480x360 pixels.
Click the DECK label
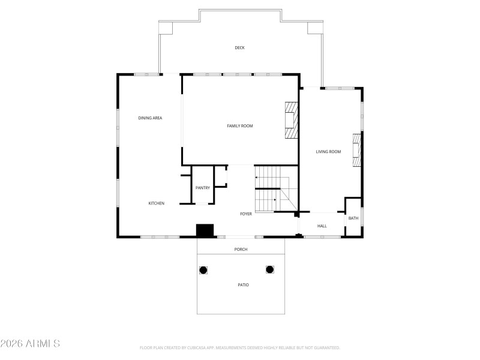pyautogui.click(x=239, y=47)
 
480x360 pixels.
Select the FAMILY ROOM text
pyautogui.click(x=239, y=125)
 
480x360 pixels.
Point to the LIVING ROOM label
pyautogui.click(x=328, y=152)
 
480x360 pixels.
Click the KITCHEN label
pyautogui.click(x=156, y=203)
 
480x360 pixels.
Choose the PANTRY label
pyautogui.click(x=203, y=188)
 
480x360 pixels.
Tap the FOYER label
pyautogui.click(x=246, y=214)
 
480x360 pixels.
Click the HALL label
pyautogui.click(x=322, y=226)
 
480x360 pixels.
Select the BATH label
pyautogui.click(x=353, y=218)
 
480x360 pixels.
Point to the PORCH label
pyautogui.click(x=241, y=249)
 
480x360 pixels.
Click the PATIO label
pyautogui.click(x=243, y=284)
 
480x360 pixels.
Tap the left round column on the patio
pyautogui.click(x=203, y=270)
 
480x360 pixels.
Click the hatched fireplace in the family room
pyautogui.click(x=291, y=120)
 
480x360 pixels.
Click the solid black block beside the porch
pyautogui.click(x=205, y=230)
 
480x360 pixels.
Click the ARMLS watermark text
pyautogui.click(x=31, y=344)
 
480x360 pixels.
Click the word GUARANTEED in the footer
pyautogui.click(x=324, y=347)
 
